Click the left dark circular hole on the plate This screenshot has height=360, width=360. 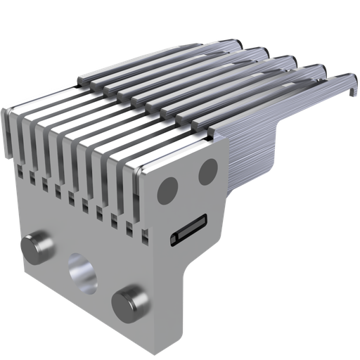(x=167, y=188)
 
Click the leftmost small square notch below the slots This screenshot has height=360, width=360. (x=20, y=170)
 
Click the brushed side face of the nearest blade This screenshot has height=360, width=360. (x=253, y=155)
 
